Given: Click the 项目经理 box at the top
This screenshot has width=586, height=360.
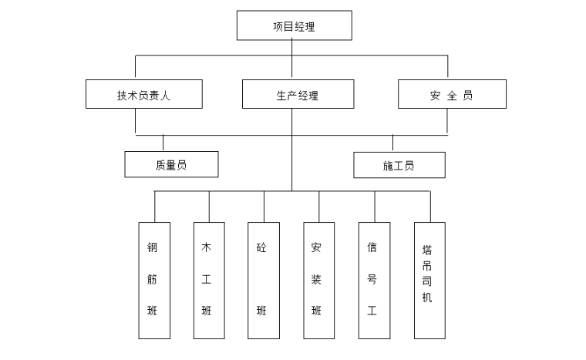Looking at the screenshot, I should (294, 25).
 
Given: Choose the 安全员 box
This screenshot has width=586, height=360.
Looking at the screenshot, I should (452, 95).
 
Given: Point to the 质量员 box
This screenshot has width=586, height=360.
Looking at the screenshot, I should (171, 164).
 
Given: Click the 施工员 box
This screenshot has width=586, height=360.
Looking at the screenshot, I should (399, 165).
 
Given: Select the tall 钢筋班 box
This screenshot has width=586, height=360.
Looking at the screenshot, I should (154, 281).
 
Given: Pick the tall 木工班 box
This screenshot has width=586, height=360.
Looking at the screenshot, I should (209, 281).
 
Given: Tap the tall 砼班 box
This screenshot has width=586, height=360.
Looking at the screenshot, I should (264, 281).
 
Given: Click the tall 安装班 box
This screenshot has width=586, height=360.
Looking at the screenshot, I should (318, 281).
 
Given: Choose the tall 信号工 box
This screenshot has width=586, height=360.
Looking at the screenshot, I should (375, 281).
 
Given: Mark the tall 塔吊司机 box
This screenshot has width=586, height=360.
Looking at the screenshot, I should (429, 281).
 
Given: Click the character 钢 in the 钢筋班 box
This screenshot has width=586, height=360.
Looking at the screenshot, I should (153, 248).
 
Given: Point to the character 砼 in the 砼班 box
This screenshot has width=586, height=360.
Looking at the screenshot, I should (262, 248).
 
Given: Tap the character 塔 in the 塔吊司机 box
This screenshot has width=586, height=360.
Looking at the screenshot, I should (428, 250).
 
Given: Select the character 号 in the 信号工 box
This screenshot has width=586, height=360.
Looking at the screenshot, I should (373, 279).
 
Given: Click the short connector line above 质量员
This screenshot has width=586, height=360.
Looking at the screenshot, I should (163, 143).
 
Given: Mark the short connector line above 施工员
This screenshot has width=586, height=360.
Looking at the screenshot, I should (392, 143).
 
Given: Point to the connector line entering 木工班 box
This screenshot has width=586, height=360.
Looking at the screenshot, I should (209, 207).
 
